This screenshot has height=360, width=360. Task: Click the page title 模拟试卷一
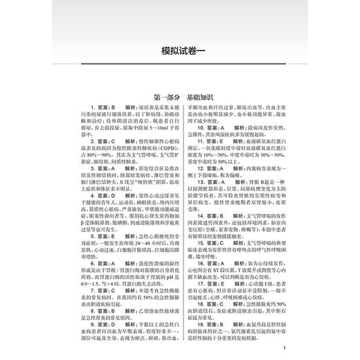(x=179, y=51)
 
